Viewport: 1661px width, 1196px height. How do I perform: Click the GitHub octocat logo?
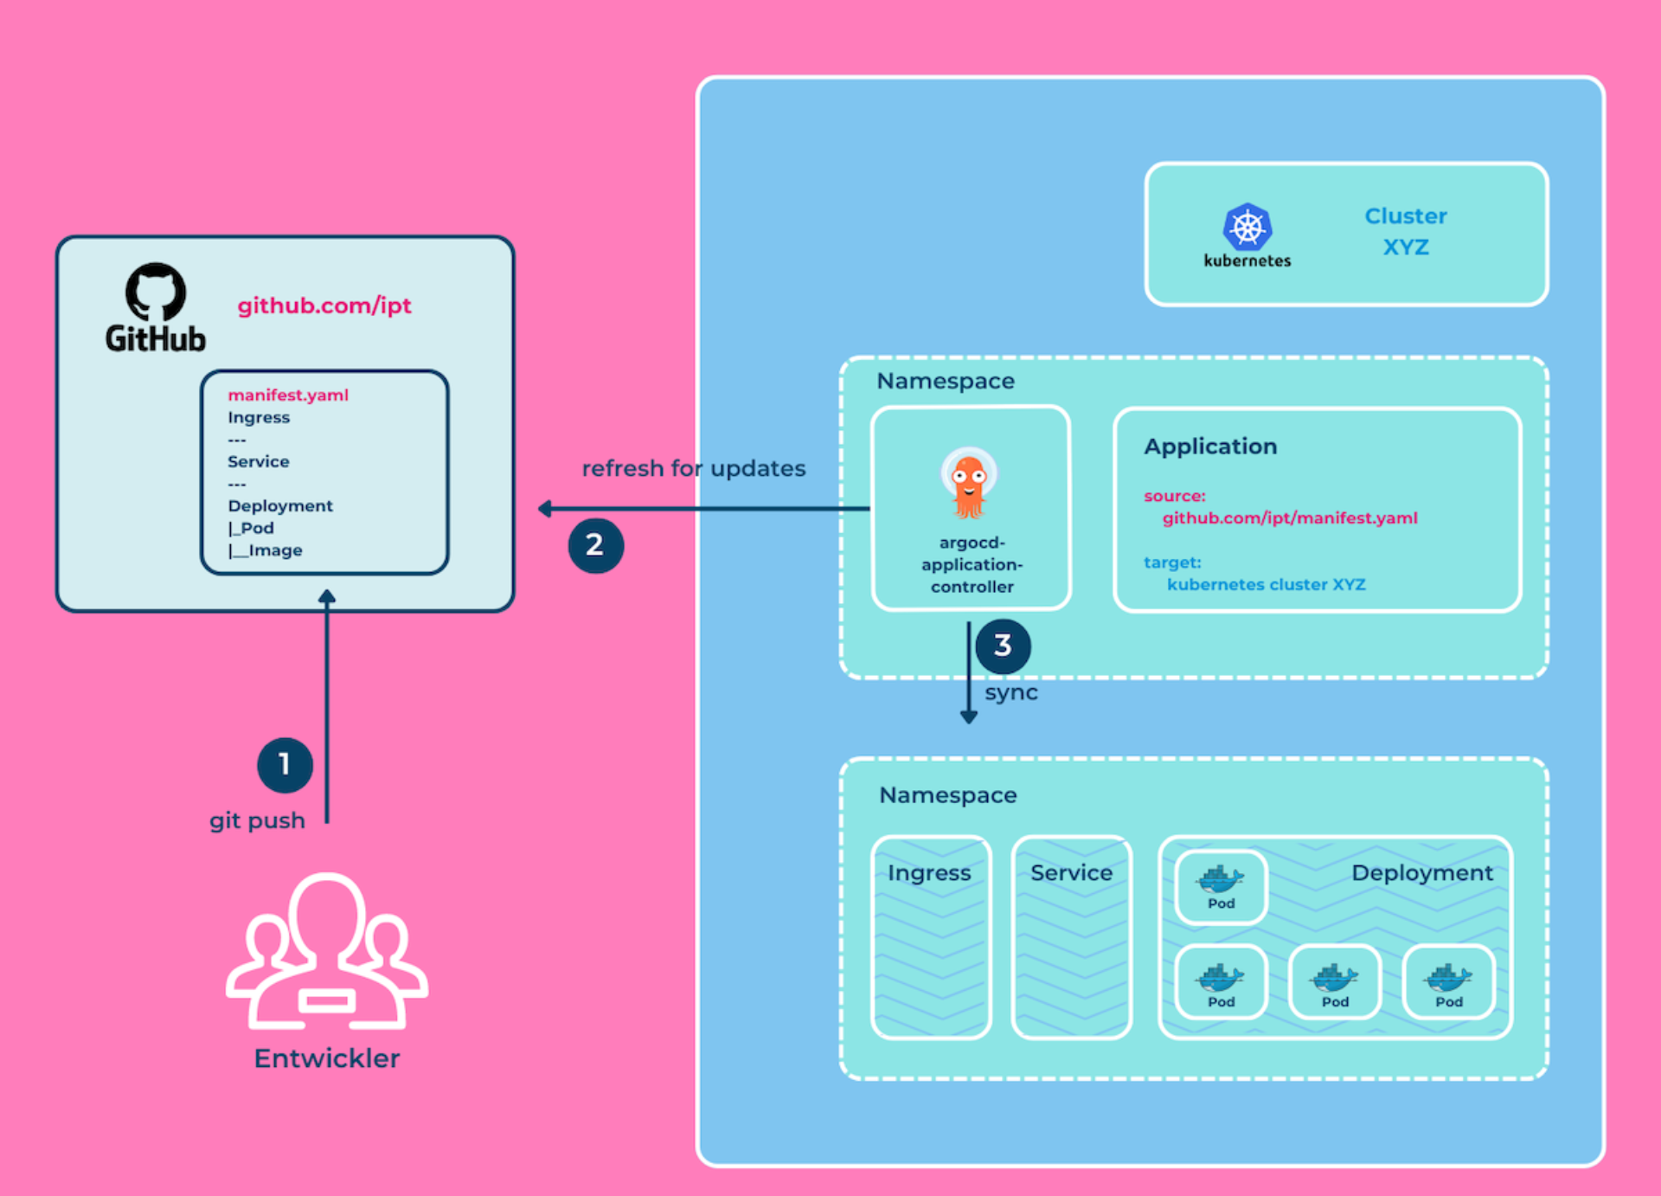click(x=156, y=292)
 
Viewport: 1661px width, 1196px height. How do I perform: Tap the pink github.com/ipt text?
click(x=324, y=305)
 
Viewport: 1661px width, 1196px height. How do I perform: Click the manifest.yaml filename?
click(x=288, y=395)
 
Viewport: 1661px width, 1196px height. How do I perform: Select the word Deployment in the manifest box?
click(x=280, y=505)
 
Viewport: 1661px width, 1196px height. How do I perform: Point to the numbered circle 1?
click(x=285, y=765)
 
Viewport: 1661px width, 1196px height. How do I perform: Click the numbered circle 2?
click(x=595, y=545)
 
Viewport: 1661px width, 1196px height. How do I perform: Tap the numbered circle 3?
click(x=1003, y=646)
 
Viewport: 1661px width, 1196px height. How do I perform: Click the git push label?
click(x=257, y=820)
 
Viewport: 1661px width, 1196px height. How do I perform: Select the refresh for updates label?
click(x=693, y=468)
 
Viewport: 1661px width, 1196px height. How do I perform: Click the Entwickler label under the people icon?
click(x=327, y=1058)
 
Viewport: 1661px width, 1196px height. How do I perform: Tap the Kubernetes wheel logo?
click(x=1247, y=228)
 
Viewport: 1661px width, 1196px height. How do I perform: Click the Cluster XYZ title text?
click(x=1406, y=231)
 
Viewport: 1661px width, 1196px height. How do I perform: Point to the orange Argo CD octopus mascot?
click(x=969, y=482)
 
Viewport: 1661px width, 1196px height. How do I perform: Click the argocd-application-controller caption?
click(x=972, y=564)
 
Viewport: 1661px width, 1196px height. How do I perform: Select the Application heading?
click(x=1210, y=447)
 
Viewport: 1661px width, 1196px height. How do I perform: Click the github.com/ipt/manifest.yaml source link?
click(x=1290, y=518)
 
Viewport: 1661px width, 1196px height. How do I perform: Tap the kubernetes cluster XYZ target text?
click(x=1267, y=585)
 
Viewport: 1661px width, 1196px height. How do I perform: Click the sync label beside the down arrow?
click(x=1011, y=693)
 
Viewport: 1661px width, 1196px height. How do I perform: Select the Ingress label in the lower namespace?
click(x=929, y=872)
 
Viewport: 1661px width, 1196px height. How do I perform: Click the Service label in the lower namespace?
click(x=1071, y=872)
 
